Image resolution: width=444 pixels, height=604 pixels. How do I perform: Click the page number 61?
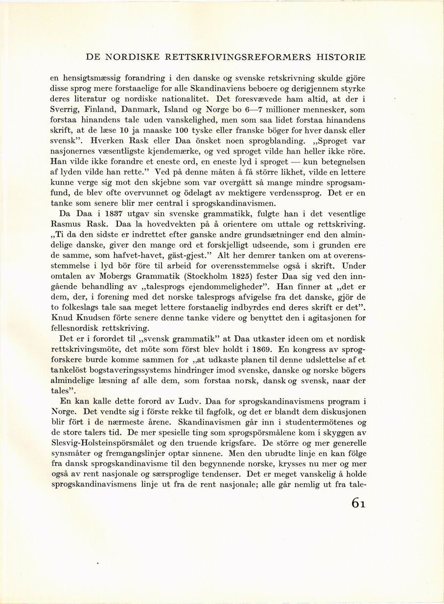point(358,503)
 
